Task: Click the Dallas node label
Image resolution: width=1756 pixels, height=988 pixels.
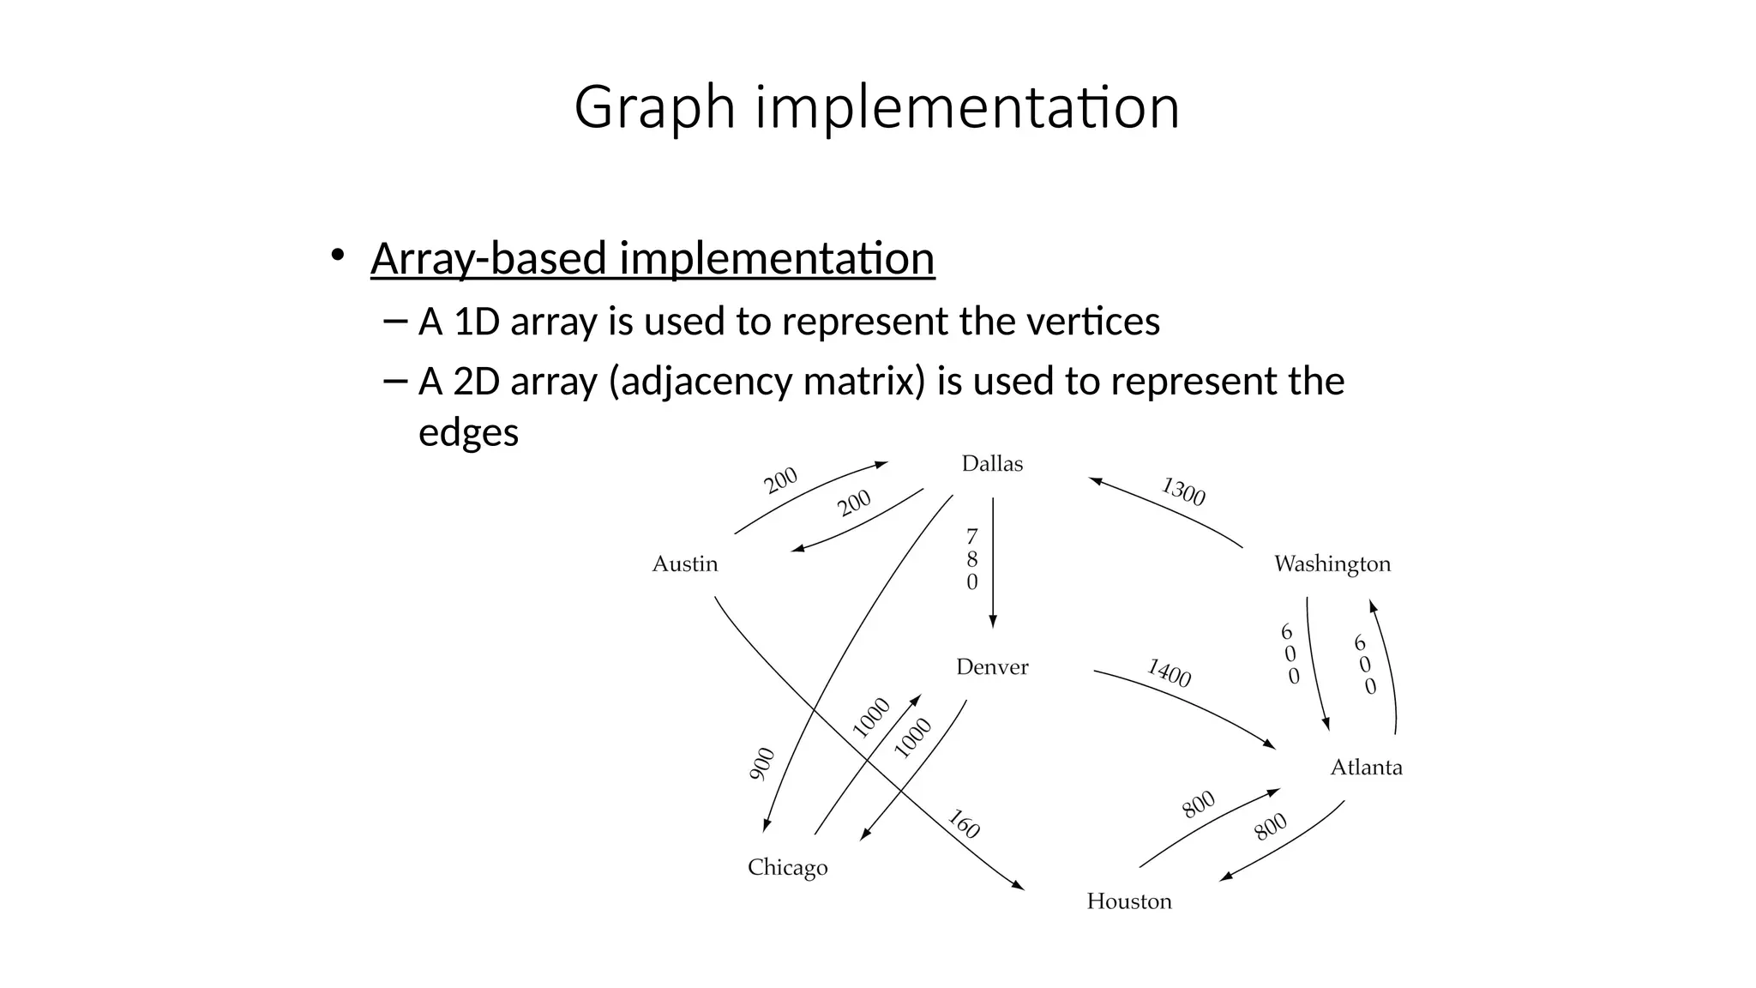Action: coord(992,464)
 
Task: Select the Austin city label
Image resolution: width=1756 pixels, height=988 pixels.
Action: coord(684,564)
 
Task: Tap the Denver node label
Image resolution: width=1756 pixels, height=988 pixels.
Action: coord(992,667)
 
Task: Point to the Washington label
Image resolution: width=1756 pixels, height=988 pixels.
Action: coord(1332,564)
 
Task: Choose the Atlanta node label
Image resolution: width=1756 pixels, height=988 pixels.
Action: coord(1366,768)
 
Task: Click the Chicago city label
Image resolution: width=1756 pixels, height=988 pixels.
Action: coord(787,868)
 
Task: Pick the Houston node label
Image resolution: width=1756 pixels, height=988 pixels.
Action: coord(1128,901)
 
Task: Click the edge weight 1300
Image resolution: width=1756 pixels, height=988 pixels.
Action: coord(1183,492)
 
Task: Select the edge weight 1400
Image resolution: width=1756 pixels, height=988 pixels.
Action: coord(1169,673)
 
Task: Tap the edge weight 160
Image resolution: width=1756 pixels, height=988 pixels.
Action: coord(964,824)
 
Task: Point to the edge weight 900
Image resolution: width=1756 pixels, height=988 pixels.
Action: coord(761,764)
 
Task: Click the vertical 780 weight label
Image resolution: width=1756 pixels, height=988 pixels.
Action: coord(971,560)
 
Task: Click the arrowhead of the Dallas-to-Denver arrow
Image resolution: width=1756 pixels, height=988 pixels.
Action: coord(993,623)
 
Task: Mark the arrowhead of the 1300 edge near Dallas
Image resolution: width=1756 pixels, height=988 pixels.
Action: coord(1095,481)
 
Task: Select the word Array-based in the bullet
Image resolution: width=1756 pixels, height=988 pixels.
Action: coord(488,258)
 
